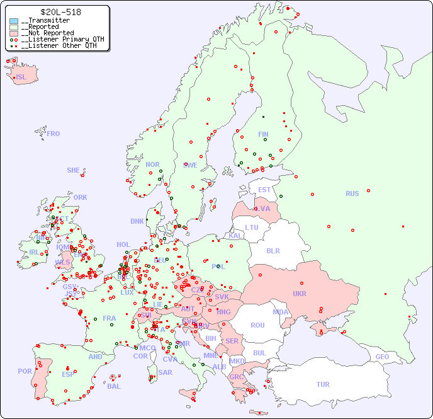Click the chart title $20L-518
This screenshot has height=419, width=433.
pyautogui.click(x=60, y=12)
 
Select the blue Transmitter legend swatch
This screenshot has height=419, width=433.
pyautogui.click(x=14, y=21)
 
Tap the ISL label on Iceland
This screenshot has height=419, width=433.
pyautogui.click(x=21, y=77)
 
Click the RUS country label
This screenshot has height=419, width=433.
pyautogui.click(x=352, y=193)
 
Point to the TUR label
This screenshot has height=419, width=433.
pyautogui.click(x=323, y=384)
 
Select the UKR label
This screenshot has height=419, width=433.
pyautogui.click(x=299, y=294)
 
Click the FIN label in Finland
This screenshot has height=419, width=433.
pyautogui.click(x=263, y=134)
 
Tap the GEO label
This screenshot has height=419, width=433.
pyautogui.click(x=382, y=357)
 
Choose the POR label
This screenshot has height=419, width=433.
pyautogui.click(x=25, y=371)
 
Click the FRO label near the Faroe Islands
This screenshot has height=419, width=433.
pyautogui.click(x=53, y=134)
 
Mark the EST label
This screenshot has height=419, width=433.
pyautogui.click(x=264, y=190)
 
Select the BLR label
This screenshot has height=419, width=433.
pyautogui.click(x=273, y=250)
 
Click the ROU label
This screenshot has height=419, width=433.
pyautogui.click(x=257, y=325)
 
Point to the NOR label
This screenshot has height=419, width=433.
pyautogui.click(x=152, y=164)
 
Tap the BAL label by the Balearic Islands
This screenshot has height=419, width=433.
pyautogui.click(x=113, y=386)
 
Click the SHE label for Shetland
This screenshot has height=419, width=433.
pyautogui.click(x=74, y=170)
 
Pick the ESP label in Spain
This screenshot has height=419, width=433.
pyautogui.click(x=68, y=374)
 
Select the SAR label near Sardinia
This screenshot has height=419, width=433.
pyautogui.click(x=165, y=372)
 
